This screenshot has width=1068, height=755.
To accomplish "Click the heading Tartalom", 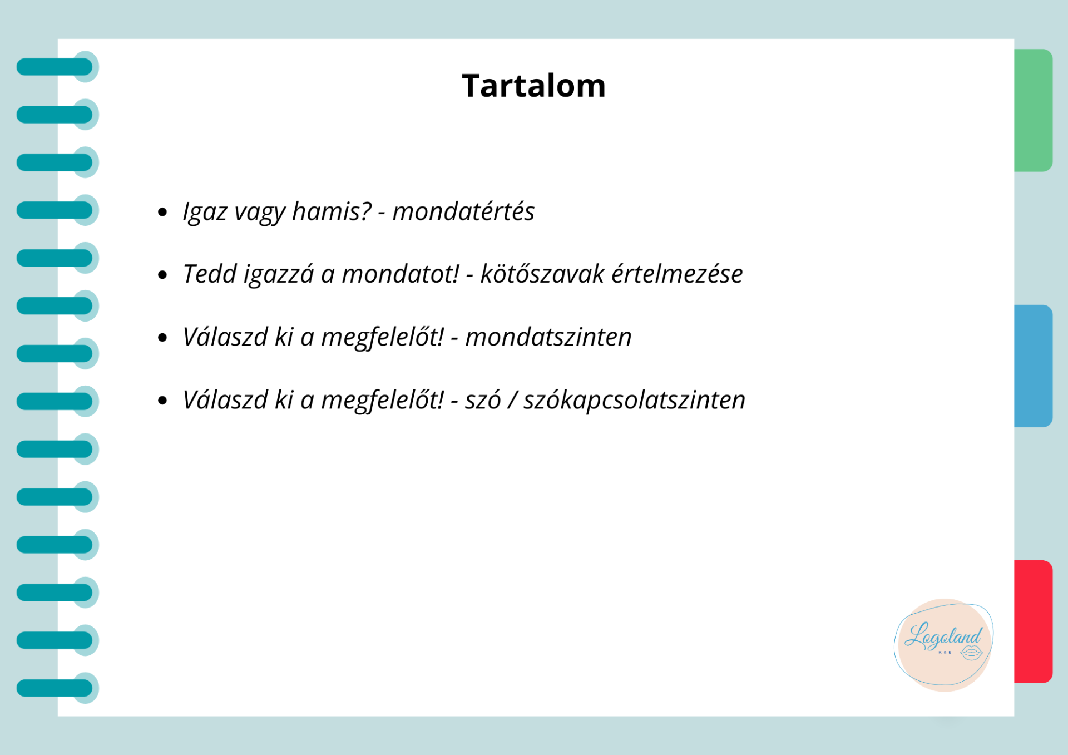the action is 533,86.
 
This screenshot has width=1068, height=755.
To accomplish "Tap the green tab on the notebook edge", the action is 1033,110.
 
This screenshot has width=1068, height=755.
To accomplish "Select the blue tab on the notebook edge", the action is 1033,366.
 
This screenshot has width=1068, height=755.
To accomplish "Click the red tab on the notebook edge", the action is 1033,621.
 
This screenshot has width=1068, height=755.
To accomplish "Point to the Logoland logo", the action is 943,645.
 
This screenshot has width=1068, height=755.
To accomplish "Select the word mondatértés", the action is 463,211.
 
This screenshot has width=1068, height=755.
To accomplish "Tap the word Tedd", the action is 210,274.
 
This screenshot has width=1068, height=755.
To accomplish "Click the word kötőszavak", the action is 542,274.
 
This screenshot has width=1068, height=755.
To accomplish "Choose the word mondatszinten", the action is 548,337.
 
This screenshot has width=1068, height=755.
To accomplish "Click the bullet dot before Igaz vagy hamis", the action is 162,211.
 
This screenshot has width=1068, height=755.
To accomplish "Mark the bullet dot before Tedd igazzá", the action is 162,274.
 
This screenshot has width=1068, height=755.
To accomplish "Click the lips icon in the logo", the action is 971,653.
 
